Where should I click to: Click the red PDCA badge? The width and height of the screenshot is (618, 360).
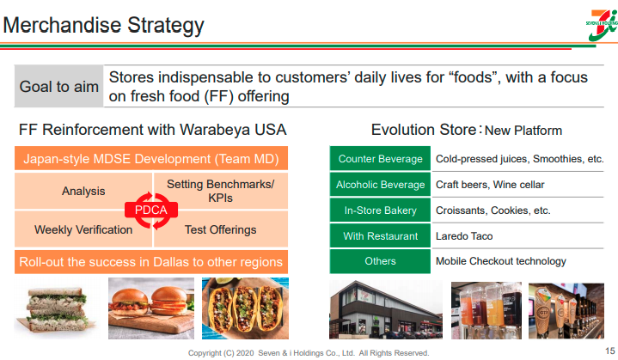coord(151,210)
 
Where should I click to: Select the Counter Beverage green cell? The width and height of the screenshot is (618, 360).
coord(380,158)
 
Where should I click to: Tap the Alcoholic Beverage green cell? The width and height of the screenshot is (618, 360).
coord(380,185)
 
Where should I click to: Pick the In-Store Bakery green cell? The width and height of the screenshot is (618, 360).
coord(380,211)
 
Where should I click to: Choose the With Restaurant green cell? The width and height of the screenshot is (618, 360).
coord(380,236)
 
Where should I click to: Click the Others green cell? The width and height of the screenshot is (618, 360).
coord(380,261)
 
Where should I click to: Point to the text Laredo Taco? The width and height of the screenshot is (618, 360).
coord(464,236)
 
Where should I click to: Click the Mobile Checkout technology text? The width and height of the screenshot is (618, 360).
coord(500,261)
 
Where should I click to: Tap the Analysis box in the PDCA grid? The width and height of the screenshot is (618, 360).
coord(83,191)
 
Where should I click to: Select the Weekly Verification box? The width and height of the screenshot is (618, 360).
coord(83,229)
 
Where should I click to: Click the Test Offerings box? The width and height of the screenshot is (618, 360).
coord(221,229)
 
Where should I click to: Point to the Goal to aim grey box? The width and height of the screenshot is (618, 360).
coord(58,86)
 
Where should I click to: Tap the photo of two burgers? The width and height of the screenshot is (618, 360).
coord(151,308)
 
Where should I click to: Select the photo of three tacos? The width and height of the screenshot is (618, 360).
coord(245,308)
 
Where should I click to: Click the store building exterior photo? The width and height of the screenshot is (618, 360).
coord(386,309)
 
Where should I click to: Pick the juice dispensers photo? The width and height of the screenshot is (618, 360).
coord(486,310)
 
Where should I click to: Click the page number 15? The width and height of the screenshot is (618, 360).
coord(610,351)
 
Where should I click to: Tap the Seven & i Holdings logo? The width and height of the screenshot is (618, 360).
coord(602,25)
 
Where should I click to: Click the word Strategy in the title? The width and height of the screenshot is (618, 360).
coord(166,25)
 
